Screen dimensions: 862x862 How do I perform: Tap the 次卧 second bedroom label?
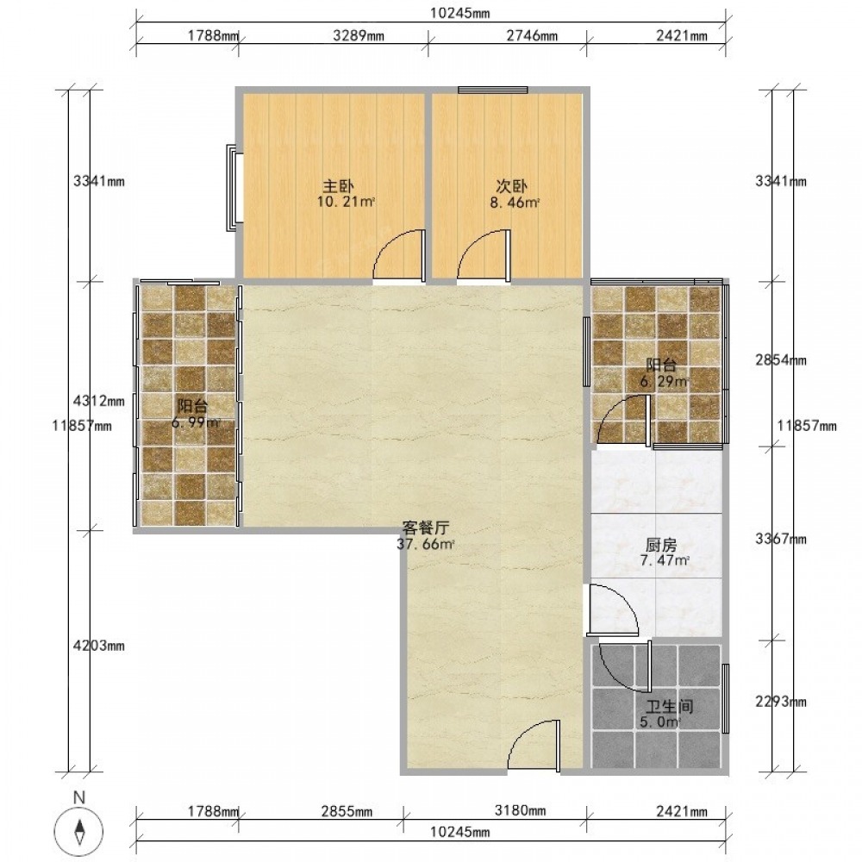(x=512, y=186)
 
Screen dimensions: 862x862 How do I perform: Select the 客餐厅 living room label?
(x=426, y=528)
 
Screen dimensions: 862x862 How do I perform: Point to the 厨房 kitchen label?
(x=661, y=545)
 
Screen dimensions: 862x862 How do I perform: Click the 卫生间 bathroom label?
(x=669, y=706)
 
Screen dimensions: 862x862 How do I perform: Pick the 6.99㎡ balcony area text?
(x=197, y=422)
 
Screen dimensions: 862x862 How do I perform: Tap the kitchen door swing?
(x=613, y=609)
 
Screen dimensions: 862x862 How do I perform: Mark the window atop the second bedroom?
(x=493, y=90)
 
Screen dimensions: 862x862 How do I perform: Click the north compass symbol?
(x=79, y=829)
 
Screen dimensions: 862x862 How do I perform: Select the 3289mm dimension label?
(x=359, y=36)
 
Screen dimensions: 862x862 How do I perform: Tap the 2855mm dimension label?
(x=347, y=811)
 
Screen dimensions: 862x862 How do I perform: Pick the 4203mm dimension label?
(x=99, y=646)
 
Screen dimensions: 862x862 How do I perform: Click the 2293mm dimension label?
(x=781, y=702)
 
